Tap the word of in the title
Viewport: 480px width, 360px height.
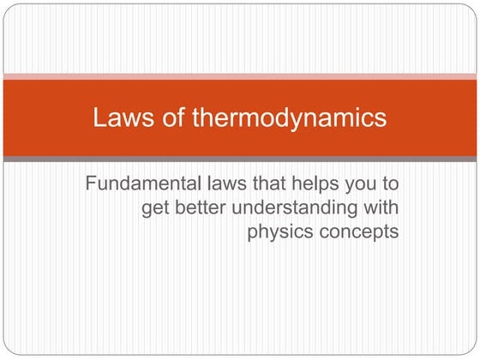[x=167, y=117]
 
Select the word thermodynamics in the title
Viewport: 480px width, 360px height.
[x=288, y=118]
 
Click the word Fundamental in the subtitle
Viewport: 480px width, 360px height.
[x=142, y=183]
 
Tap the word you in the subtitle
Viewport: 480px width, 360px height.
[x=360, y=185]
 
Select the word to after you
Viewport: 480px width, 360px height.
[x=391, y=183]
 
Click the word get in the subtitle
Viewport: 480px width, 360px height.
[x=155, y=207]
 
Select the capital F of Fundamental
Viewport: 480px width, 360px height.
[x=91, y=183]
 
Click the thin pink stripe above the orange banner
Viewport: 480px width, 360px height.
[x=240, y=76]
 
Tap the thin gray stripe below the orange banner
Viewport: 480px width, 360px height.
[x=240, y=159]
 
